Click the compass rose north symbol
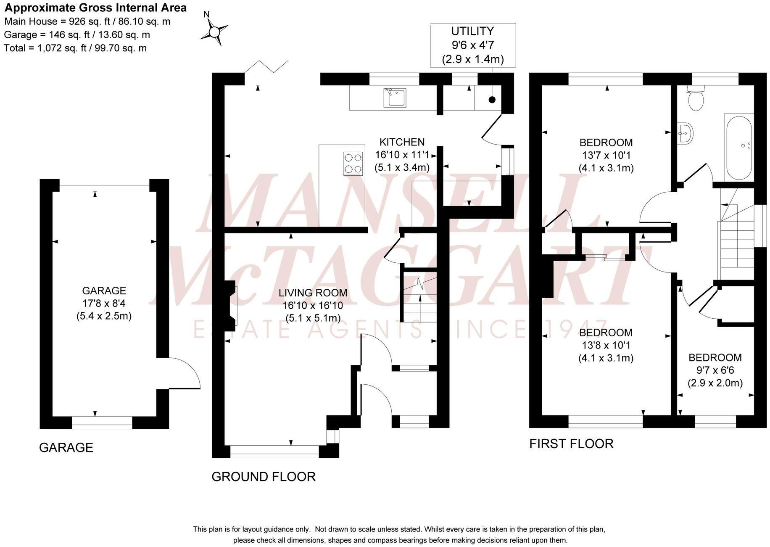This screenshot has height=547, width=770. [x=214, y=31]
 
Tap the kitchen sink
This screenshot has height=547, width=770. [x=394, y=98]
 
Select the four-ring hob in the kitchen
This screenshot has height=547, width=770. [x=353, y=164]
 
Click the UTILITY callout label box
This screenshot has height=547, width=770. [x=473, y=45]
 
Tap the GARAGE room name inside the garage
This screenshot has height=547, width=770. [x=104, y=291]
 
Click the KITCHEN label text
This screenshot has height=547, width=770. [x=402, y=142]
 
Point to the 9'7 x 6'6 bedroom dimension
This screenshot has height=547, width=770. [x=715, y=370]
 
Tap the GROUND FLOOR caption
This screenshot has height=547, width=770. [x=264, y=477]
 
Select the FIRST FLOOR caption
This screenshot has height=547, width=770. [x=571, y=444]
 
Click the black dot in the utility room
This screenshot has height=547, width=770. [x=492, y=100]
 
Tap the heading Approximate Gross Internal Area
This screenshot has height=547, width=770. [x=95, y=8]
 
